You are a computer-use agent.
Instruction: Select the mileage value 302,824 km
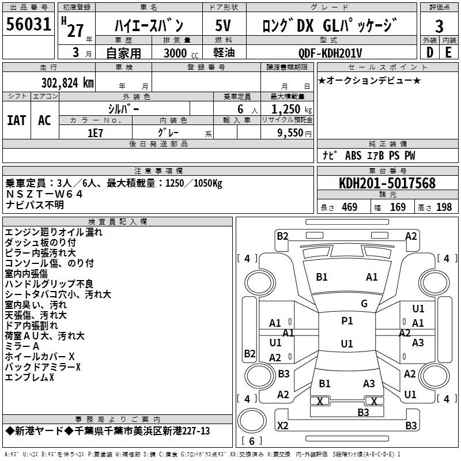click(67, 83)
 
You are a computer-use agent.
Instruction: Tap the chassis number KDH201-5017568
click(387, 184)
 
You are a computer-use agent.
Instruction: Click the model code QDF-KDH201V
click(330, 53)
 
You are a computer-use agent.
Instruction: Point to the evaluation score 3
click(439, 27)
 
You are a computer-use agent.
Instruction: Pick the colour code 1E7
click(95, 132)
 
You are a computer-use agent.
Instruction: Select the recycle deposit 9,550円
click(292, 133)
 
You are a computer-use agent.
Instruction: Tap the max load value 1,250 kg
click(288, 109)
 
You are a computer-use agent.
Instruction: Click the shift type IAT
click(16, 120)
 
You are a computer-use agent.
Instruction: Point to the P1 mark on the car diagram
click(347, 321)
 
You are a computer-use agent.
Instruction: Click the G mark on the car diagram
click(364, 304)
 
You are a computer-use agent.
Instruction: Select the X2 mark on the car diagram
click(282, 425)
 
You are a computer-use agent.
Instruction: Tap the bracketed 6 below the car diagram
click(251, 441)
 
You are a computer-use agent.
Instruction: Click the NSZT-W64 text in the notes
click(44, 194)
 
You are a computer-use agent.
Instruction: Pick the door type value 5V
click(223, 26)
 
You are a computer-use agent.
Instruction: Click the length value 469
click(349, 207)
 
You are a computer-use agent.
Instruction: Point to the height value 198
click(444, 207)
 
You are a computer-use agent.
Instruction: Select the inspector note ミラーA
click(22, 346)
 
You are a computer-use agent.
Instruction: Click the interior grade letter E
click(448, 52)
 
